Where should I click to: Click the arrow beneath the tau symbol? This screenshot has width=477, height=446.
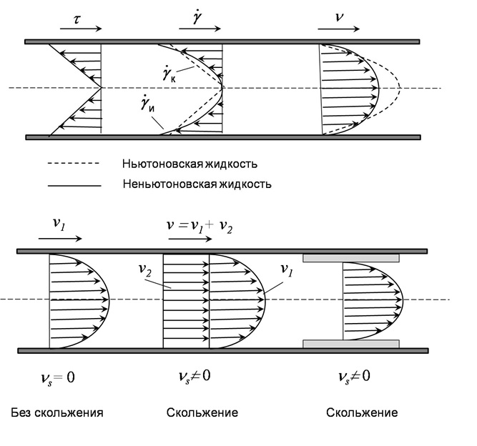tap(81, 29)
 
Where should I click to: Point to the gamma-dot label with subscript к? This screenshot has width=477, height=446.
tap(170, 74)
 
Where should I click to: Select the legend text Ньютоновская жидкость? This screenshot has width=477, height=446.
tap(189, 164)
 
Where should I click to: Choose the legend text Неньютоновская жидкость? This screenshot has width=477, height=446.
tap(195, 183)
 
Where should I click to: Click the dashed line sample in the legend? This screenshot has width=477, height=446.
tap(74, 164)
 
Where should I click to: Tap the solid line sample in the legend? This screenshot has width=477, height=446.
tap(74, 184)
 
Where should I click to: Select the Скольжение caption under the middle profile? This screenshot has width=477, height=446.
tap(202, 413)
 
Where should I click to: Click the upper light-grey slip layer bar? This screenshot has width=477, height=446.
tap(351, 257)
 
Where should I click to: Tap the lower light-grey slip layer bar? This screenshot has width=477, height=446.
tap(351, 344)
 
